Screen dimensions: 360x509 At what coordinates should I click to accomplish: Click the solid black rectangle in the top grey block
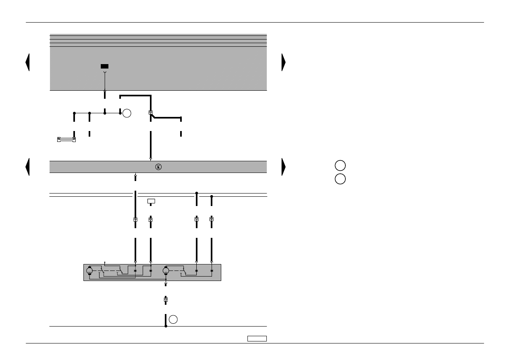104,66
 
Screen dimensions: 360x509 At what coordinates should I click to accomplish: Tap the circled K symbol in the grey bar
158,167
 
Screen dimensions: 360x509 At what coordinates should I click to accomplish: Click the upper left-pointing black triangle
27,62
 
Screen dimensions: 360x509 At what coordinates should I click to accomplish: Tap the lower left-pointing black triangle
27,167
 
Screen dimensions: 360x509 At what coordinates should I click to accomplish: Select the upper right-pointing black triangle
284,62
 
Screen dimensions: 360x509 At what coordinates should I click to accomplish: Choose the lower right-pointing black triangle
284,167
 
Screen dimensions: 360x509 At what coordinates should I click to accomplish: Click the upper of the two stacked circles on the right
340,166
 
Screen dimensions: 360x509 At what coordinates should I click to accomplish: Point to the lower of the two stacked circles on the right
340,179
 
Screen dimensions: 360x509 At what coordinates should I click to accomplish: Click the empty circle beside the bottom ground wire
173,319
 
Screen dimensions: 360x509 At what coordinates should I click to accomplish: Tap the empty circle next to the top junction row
127,113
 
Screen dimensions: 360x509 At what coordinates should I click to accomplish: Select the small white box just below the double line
151,201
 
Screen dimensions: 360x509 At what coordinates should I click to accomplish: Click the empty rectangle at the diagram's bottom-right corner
257,339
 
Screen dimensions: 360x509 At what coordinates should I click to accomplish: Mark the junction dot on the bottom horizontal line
166,326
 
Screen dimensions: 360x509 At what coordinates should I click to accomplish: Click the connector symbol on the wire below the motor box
166,300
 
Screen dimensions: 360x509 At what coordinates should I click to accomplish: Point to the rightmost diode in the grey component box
212,271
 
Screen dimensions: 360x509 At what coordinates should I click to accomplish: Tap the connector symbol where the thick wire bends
150,113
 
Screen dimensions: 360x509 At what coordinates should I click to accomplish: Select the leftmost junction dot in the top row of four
74,113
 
